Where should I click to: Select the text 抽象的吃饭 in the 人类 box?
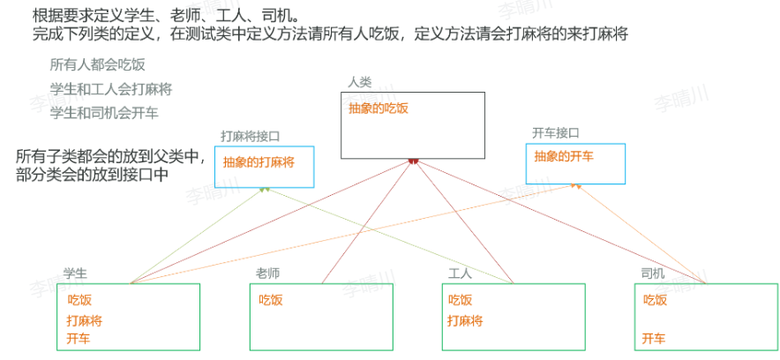point(379,109)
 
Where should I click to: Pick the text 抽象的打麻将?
point(259,162)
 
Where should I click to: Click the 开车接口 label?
point(556,133)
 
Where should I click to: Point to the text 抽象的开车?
point(564,156)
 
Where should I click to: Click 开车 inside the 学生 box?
point(79,338)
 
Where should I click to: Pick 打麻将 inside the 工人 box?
point(466,321)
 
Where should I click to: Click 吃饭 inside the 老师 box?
point(271,300)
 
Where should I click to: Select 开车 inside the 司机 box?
point(654,339)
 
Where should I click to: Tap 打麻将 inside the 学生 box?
point(85,319)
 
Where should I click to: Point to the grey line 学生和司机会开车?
point(104,113)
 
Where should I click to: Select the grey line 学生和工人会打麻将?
point(110,89)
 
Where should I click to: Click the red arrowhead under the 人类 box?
point(412,161)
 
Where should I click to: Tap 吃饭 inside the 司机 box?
point(655,300)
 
